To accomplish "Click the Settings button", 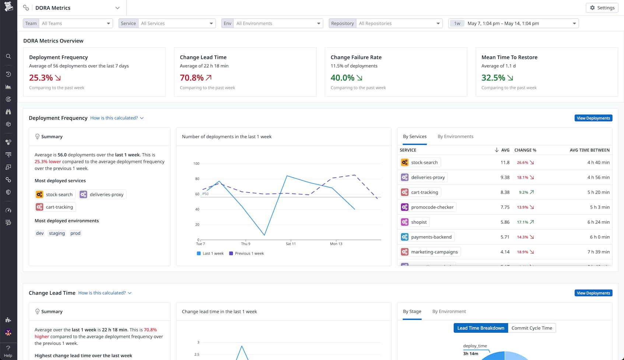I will [x=602, y=8].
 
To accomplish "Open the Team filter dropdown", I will [x=76, y=23].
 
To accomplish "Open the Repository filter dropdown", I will [x=399, y=23].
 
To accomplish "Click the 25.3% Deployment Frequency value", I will [x=41, y=78].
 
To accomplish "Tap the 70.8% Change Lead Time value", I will [x=192, y=78].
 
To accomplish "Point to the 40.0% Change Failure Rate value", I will [x=342, y=78].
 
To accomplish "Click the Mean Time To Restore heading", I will [x=509, y=57].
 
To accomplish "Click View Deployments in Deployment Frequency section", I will [x=593, y=118].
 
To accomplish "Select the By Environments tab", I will [x=455, y=136].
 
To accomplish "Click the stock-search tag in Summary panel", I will [x=55, y=195].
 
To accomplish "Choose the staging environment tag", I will [x=57, y=233].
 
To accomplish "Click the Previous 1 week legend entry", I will [x=246, y=254].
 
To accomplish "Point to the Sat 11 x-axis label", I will [x=291, y=244].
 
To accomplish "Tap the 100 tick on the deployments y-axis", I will [x=196, y=164].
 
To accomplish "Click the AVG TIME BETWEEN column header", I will [x=589, y=150].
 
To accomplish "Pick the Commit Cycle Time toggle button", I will [x=532, y=328].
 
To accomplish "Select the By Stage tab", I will [x=412, y=311].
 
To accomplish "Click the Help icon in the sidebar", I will [x=8, y=351].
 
